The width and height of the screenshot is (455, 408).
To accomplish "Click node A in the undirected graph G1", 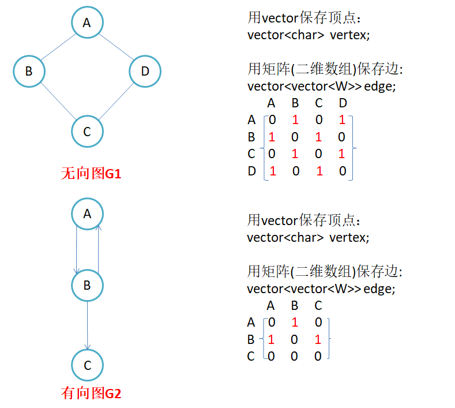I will (87, 23).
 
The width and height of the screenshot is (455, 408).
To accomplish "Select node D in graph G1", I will (145, 72).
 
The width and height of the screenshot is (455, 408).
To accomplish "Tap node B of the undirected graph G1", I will (29, 72).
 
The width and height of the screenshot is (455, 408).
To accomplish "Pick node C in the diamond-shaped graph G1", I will (87, 131).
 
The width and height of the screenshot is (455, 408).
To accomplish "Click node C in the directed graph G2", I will (87, 365).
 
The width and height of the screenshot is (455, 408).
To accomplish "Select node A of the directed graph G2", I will (87, 214).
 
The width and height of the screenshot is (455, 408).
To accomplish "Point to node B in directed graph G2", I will (87, 285).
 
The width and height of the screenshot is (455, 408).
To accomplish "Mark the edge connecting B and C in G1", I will (58, 102).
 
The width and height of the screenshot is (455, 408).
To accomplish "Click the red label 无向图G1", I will (91, 174).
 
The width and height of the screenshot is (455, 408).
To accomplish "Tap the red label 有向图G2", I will (91, 394).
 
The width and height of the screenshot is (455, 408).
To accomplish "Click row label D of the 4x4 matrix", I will (251, 171).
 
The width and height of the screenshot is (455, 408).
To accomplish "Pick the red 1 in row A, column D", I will (343, 121).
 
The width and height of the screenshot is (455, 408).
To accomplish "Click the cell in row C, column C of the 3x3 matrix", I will (318, 357).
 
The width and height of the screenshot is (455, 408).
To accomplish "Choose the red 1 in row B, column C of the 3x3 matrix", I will (318, 340).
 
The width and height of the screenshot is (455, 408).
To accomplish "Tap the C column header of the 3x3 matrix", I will (318, 306).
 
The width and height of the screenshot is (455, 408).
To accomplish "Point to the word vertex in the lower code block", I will (348, 237).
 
